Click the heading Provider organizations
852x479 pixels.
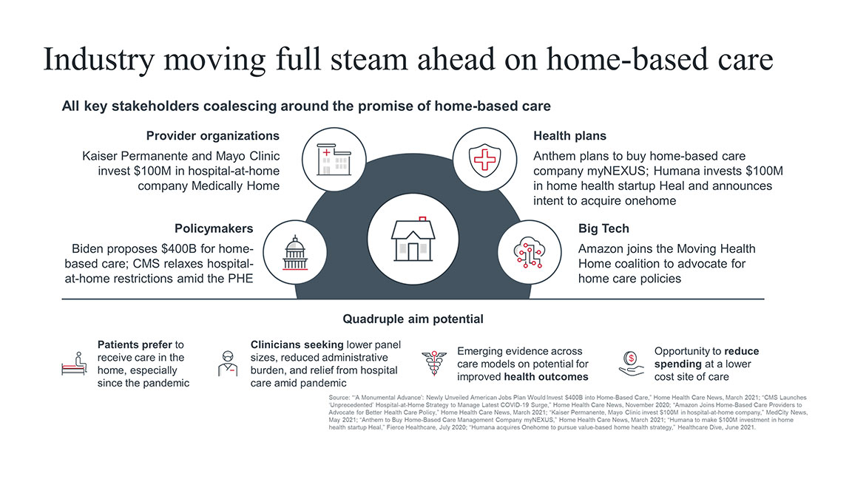(212, 136)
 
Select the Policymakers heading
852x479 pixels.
(214, 228)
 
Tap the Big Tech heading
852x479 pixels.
(603, 228)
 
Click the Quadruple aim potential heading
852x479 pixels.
(413, 319)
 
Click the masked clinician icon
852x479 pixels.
(228, 363)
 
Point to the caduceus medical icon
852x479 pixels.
(433, 362)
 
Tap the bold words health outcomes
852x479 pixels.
(552, 377)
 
